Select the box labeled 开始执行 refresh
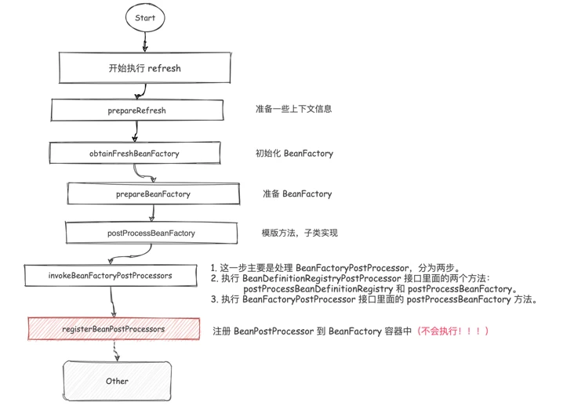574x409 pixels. coord(144,68)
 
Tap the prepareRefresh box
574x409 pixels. coord(137,110)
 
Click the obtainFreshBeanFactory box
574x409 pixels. coord(134,154)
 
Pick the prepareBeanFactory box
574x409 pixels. coord(153,194)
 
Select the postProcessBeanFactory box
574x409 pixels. coord(151,233)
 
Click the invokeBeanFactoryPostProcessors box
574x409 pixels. coord(111,276)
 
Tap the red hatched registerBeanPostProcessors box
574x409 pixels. coord(114,329)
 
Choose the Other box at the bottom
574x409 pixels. coord(117,381)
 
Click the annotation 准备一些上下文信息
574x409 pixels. coord(293,109)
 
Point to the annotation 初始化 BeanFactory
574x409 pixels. coord(294,154)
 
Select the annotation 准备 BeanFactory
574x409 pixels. coord(297,194)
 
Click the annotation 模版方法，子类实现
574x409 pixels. coord(300,233)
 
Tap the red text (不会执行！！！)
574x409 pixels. coord(453,331)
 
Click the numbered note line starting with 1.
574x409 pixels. coord(337,268)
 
